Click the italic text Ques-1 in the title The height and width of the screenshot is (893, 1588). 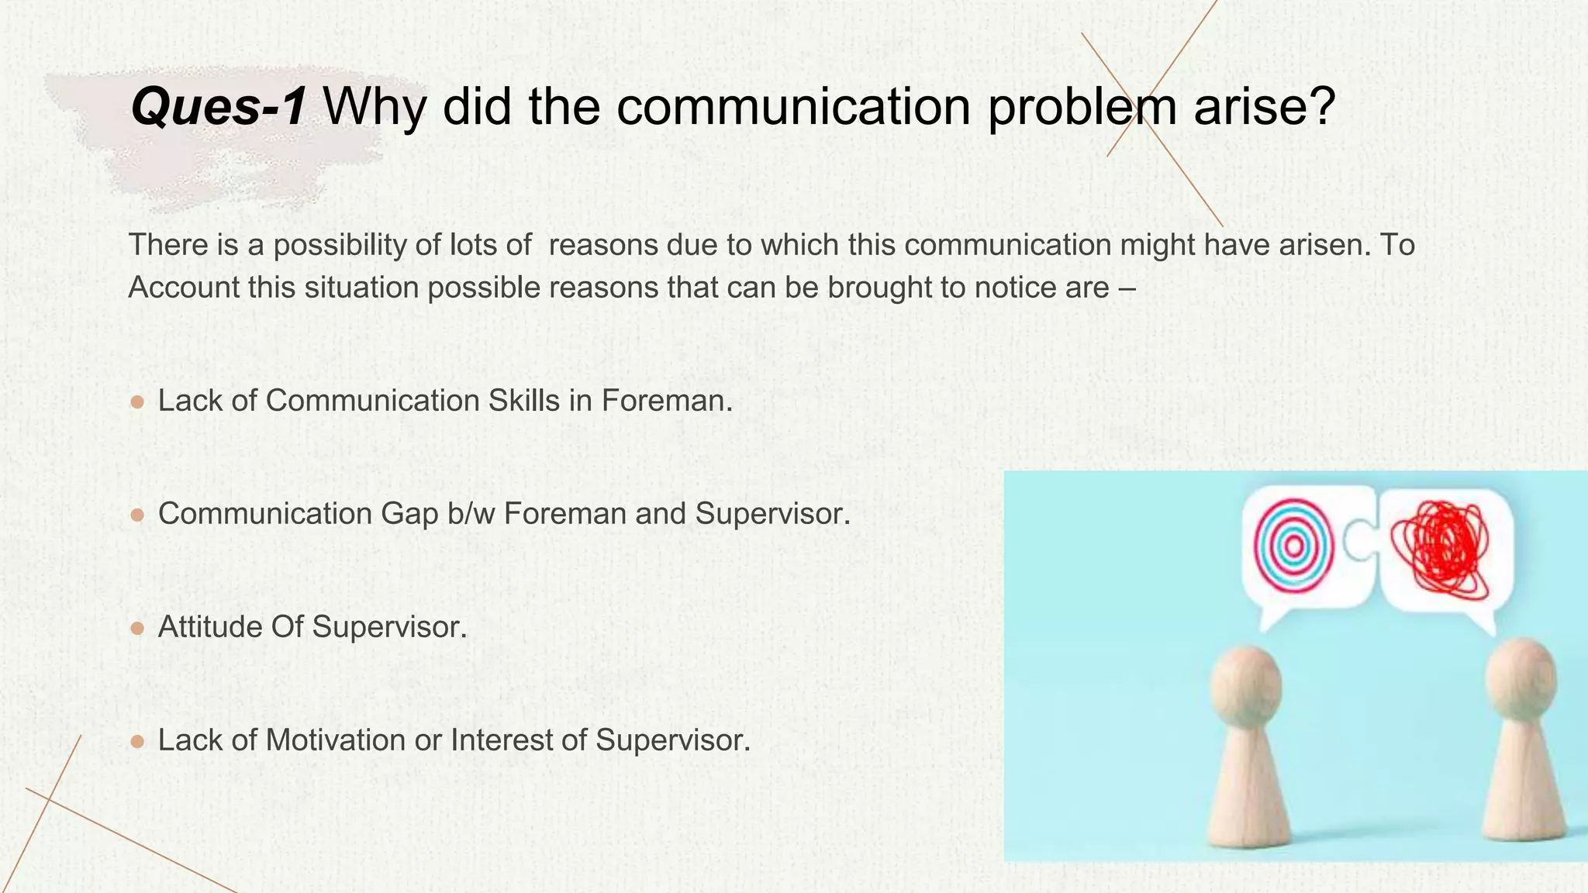point(219,106)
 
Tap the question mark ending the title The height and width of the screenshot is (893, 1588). point(1318,106)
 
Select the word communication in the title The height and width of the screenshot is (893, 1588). point(793,106)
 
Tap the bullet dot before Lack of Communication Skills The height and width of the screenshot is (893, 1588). point(137,402)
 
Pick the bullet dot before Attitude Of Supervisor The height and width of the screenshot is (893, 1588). point(137,629)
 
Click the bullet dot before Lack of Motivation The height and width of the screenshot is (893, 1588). point(137,742)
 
